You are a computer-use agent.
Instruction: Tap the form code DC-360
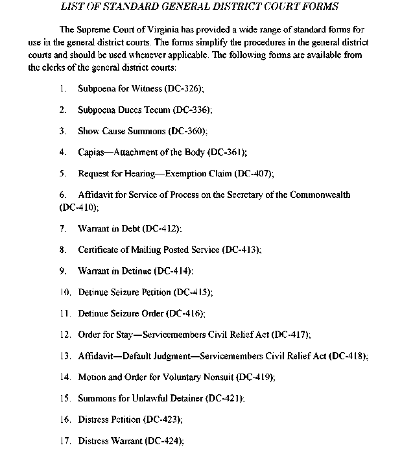tap(187, 131)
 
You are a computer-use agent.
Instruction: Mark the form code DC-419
tap(254, 377)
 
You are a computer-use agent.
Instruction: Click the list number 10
tap(64, 292)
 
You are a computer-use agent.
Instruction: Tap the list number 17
tap(64, 440)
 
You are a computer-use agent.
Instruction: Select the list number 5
tap(62, 174)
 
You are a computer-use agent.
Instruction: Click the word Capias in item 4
tap(91, 152)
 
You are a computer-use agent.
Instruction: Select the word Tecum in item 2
tap(151, 110)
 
